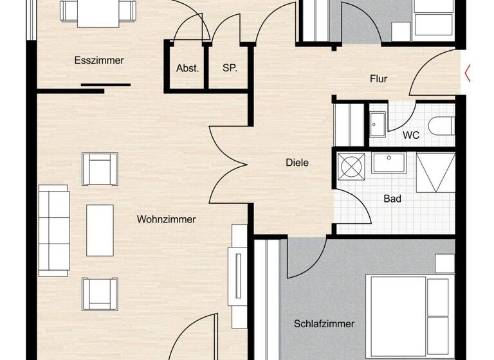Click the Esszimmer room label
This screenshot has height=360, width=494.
coord(98,60)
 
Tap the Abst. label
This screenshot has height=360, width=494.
coord(187,68)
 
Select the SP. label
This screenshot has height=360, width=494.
coord(230,68)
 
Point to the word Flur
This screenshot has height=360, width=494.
coord(378,79)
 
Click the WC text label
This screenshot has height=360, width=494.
coord(412,136)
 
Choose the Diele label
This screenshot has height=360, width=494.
coord(297,163)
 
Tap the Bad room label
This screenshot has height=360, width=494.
coord(392,199)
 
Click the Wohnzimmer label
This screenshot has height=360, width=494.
coord(166,219)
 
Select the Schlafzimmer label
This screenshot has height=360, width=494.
coord(325,323)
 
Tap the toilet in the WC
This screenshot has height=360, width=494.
coord(443,125)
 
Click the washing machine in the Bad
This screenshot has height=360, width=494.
coord(351,166)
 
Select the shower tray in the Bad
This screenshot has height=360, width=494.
coord(435,172)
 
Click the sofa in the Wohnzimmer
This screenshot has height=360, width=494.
coord(53,230)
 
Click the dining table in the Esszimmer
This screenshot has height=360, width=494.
coord(98,13)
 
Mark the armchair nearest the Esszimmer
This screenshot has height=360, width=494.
coord(100,168)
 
